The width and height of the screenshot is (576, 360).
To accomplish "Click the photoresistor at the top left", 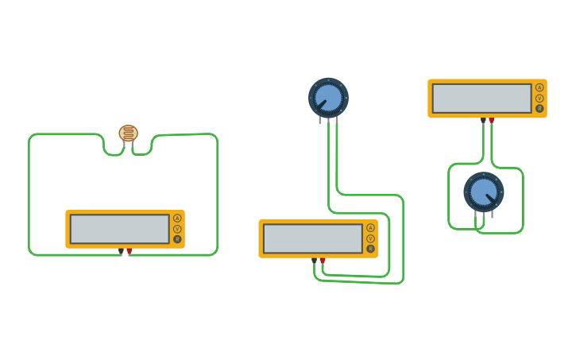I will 128,134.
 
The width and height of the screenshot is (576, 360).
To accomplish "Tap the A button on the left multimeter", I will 177,219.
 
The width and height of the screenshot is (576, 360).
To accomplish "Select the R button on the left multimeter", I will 177,239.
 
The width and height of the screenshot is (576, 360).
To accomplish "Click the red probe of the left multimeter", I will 130,251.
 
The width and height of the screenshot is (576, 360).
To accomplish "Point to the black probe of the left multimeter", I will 121,251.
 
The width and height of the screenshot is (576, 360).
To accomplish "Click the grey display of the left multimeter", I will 120,229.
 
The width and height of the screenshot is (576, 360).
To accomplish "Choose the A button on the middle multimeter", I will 370,228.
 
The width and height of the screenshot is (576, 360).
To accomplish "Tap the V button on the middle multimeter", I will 370,238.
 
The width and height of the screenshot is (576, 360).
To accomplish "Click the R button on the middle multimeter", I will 370,249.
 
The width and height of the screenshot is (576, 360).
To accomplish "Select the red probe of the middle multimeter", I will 323,261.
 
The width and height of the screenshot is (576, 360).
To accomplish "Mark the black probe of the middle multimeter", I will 314,261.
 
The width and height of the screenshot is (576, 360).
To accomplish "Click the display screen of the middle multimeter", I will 313,238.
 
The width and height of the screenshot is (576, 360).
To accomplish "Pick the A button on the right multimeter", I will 539,88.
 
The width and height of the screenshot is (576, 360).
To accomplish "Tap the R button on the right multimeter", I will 539,109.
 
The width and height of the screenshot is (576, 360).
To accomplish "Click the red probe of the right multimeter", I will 492,121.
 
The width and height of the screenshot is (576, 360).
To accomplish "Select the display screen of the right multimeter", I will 482,99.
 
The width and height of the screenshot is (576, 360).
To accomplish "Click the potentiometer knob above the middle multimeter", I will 328,97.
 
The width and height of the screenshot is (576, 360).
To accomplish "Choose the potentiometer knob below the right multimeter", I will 483,192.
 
